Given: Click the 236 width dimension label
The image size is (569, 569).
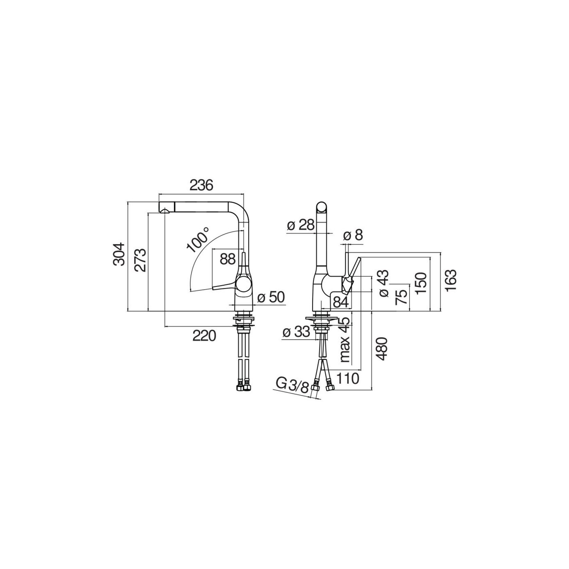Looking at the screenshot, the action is coord(201,186).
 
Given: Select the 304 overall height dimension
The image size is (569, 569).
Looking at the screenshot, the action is coord(119,254).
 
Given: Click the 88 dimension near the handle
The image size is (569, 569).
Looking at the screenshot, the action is coord(227,259).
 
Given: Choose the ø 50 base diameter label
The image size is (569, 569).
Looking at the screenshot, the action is coord(271,297).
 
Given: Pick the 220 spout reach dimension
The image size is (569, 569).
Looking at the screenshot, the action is coord(204,336).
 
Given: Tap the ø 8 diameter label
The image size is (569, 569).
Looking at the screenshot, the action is coord(353,235).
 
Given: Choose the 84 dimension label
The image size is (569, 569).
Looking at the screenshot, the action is coord(341,302).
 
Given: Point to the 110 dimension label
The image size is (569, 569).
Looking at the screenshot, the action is coord(347,378).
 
